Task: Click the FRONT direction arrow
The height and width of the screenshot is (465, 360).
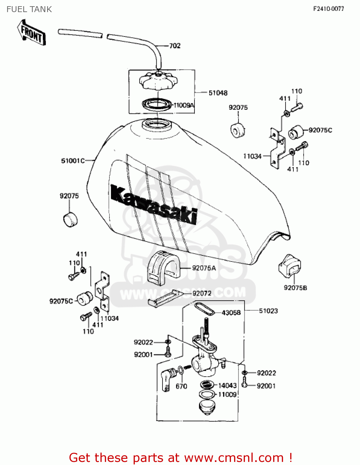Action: [31, 33]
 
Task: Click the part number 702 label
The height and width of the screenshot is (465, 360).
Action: [175, 46]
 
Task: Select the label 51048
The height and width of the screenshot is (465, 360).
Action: [218, 93]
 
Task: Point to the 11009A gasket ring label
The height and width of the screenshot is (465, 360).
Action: [184, 105]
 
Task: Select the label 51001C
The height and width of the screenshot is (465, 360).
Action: [73, 161]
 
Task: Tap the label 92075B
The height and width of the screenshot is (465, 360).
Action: [296, 288]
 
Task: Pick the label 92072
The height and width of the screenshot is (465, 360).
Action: [202, 293]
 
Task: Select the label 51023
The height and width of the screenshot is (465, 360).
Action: [268, 311]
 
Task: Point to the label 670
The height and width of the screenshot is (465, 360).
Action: [181, 386]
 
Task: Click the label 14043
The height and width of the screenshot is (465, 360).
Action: [227, 385]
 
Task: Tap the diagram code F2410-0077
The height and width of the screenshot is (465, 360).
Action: [328, 9]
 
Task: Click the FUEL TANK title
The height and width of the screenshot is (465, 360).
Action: [29, 9]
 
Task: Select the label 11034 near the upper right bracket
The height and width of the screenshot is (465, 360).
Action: [252, 156]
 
